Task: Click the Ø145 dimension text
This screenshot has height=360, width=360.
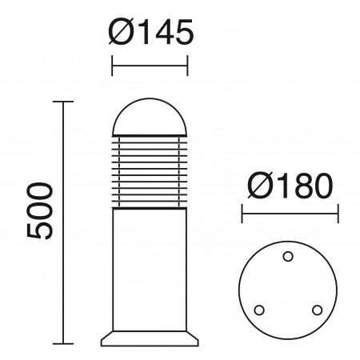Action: coord(150,34)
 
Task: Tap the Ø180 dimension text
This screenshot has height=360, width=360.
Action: coord(290,186)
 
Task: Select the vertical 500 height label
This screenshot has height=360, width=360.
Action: coord(39,210)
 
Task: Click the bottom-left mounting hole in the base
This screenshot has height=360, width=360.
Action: coord(258,310)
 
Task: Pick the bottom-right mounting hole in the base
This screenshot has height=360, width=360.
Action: coord(317,309)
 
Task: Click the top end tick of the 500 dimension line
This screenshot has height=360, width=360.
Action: coord(63,102)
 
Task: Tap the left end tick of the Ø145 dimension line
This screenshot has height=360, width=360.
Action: coord(112,64)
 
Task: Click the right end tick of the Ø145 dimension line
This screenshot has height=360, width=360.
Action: coord(187,64)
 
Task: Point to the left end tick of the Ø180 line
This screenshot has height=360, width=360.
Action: coord(242,214)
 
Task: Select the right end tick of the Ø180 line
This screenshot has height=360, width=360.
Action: coord(338,214)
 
